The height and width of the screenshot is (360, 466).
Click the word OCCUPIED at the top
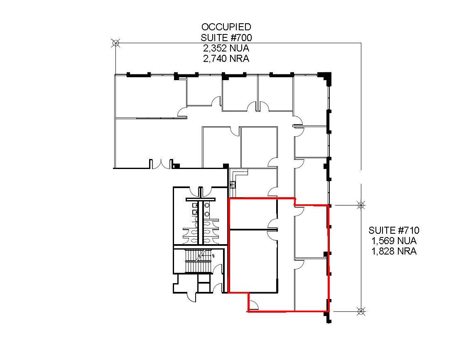(x=226, y=27)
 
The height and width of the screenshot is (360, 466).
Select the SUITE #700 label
(x=226, y=37)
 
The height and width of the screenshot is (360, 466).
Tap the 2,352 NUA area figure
(x=226, y=48)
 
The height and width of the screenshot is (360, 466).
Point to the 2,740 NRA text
(x=226, y=59)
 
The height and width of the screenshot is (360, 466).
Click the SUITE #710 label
(x=394, y=230)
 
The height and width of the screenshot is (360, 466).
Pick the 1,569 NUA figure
(x=394, y=241)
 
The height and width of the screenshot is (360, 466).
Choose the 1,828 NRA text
(x=394, y=251)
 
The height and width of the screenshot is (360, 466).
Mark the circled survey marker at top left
(x=115, y=43)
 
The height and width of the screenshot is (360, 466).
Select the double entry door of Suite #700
(x=161, y=164)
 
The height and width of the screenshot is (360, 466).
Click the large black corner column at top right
(x=325, y=77)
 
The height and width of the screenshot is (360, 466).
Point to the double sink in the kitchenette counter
(x=233, y=184)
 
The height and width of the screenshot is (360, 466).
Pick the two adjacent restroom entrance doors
(x=200, y=193)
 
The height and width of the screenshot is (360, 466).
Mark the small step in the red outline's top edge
(x=294, y=201)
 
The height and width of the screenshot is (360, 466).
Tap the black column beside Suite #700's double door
(x=176, y=166)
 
